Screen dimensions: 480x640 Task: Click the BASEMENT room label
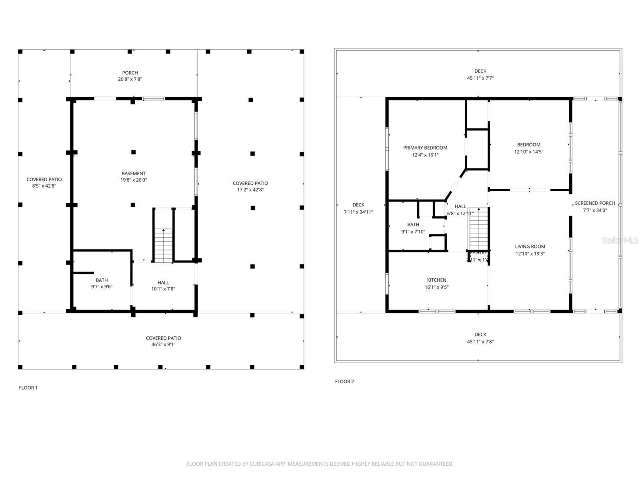[134, 173]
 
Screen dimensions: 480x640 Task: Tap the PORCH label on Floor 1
[130, 73]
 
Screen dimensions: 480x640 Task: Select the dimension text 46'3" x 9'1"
[163, 344]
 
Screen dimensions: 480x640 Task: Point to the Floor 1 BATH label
[102, 280]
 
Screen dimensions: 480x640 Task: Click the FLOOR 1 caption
[28, 388]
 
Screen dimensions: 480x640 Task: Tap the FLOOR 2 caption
[344, 381]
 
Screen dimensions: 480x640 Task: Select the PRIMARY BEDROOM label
[425, 148]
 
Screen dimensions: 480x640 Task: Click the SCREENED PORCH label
[595, 203]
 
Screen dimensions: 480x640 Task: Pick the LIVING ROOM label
[530, 246]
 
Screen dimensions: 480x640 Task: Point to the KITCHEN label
[436, 280]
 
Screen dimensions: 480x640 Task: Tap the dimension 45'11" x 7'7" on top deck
[480, 78]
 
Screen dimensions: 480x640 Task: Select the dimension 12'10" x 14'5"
[528, 152]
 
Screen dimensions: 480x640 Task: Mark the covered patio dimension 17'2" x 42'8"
[250, 190]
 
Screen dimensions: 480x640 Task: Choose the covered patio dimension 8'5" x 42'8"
[44, 186]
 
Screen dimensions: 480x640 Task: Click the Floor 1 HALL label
[163, 282]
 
